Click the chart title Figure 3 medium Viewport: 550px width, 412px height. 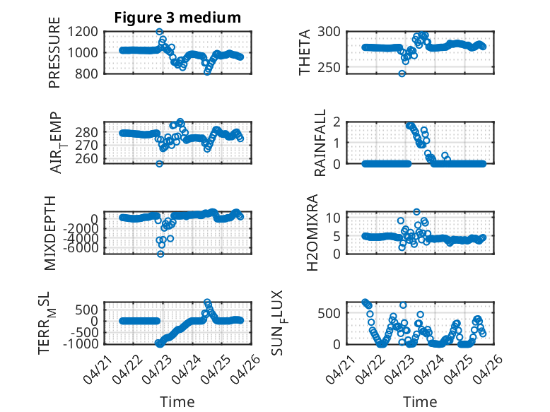pos(177,18)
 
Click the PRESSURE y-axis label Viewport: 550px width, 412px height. pos(54,52)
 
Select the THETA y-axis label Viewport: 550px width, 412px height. pos(305,52)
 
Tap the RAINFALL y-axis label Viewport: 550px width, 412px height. pos(320,143)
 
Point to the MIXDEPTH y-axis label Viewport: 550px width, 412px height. pos(50,233)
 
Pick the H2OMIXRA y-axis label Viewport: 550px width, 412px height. pos(312,233)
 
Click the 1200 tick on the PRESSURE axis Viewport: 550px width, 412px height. pos(83,32)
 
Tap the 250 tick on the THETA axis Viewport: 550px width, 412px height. pos(329,67)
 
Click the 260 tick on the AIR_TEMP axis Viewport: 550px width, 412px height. pos(87,158)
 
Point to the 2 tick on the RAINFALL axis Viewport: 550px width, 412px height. pos(337,122)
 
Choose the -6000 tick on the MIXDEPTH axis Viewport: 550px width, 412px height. pos(81,248)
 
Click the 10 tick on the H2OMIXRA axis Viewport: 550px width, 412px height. pos(333,218)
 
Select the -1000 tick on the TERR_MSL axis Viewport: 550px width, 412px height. pos(81,343)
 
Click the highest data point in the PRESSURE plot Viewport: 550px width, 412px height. pos(159,32)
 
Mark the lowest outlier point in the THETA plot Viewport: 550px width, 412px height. pos(402,73)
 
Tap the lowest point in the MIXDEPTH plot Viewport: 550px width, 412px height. pos(160,254)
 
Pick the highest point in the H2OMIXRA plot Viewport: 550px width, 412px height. pos(416,212)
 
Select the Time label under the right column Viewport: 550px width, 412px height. pos(420,402)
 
